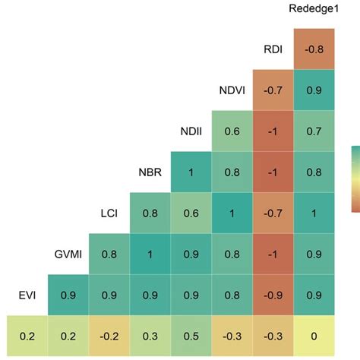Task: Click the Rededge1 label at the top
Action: click(314, 9)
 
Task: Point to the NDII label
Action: click(191, 131)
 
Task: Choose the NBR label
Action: click(150, 172)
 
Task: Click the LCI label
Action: click(109, 213)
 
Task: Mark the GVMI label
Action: click(68, 254)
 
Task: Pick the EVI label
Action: click(25, 294)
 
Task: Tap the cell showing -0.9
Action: click(273, 295)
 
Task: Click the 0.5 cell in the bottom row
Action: click(191, 336)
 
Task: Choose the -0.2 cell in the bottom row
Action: click(109, 336)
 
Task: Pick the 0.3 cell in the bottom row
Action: click(150, 336)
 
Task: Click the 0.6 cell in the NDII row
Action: click(232, 131)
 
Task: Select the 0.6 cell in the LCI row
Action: click(191, 213)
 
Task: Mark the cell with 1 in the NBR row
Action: click(191, 172)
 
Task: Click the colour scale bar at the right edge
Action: click(355, 178)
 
